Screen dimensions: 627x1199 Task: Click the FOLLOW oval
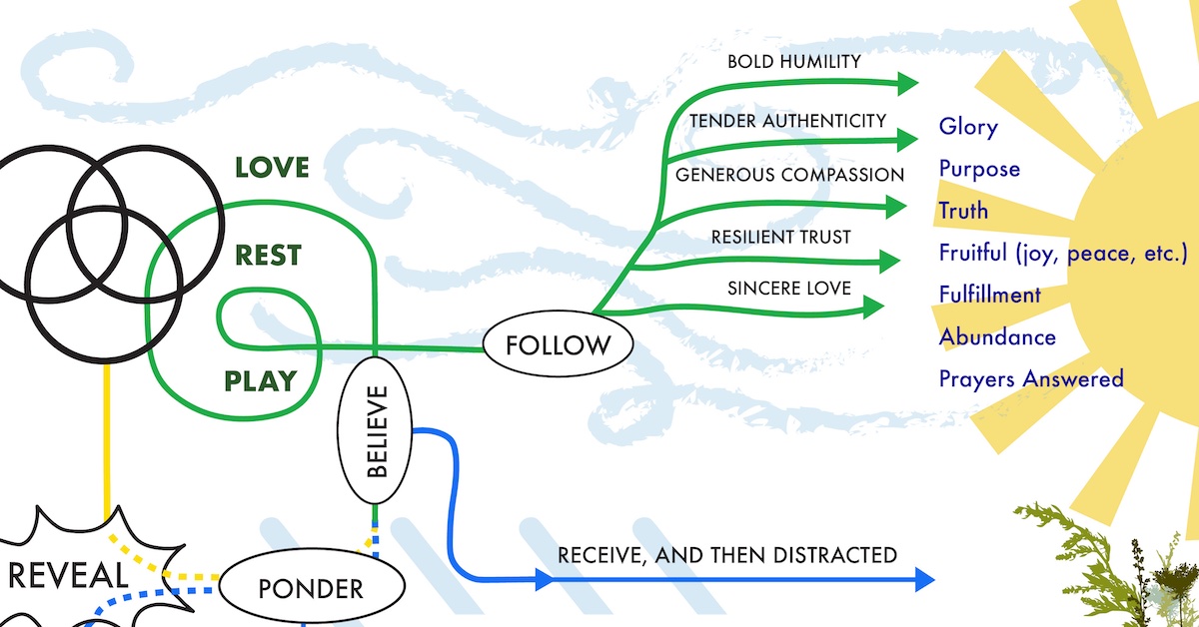(x=558, y=346)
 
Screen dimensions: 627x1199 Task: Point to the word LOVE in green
(x=272, y=167)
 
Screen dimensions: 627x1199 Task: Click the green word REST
(x=268, y=256)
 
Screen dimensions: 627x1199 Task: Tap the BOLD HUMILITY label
(x=793, y=62)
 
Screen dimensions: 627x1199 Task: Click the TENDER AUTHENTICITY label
(x=787, y=121)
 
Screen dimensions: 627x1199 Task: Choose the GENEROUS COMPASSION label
(x=789, y=175)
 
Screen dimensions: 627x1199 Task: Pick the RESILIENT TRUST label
(x=781, y=237)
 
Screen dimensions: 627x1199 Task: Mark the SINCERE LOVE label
(x=789, y=289)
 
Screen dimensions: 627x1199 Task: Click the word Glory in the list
(x=968, y=127)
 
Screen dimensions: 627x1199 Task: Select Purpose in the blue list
(x=979, y=169)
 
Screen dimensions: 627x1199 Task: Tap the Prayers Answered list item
(x=1031, y=379)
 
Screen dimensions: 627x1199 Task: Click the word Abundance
(x=997, y=337)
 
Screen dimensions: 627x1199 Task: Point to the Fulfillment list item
(x=989, y=296)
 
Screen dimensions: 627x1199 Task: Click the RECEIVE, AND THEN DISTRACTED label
(x=726, y=555)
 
